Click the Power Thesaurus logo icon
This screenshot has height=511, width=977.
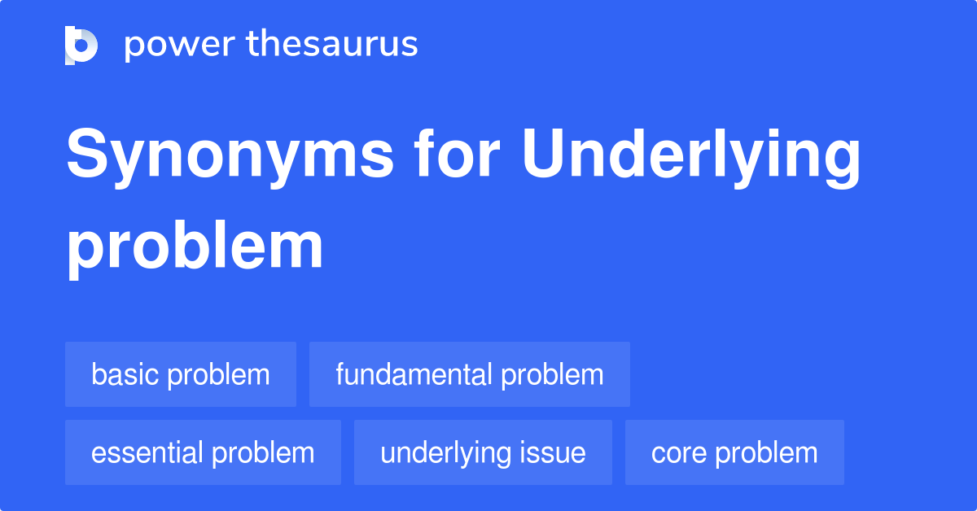click(x=81, y=45)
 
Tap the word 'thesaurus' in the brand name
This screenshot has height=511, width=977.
click(x=332, y=45)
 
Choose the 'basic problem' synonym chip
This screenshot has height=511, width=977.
click(x=181, y=374)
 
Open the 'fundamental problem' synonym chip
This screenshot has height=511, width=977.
click(x=470, y=374)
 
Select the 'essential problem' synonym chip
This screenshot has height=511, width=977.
click(x=203, y=452)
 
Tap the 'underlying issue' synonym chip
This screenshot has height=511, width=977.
click(x=483, y=452)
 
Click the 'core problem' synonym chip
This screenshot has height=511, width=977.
click(x=734, y=452)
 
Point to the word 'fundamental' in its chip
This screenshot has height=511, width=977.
click(x=414, y=374)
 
